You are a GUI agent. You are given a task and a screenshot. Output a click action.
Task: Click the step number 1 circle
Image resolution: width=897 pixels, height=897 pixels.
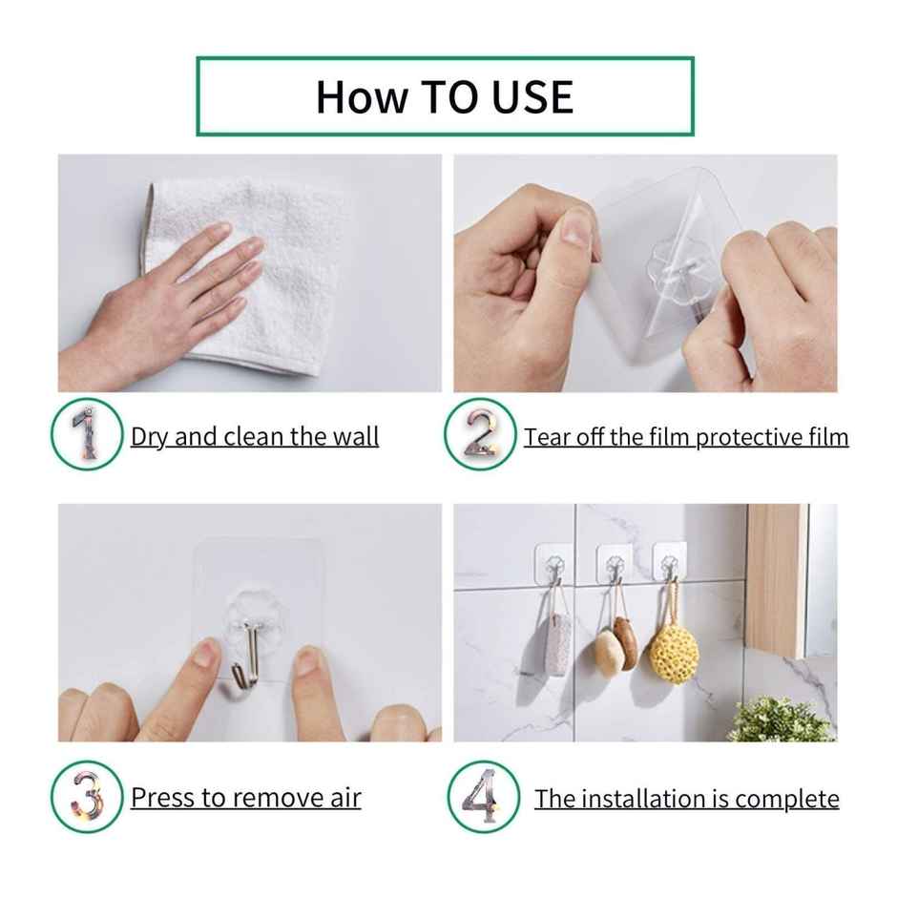click(x=87, y=434)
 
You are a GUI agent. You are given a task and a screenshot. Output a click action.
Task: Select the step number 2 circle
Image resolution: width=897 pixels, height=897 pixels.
click(x=480, y=434)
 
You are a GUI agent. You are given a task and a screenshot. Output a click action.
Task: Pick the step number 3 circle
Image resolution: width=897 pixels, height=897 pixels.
click(x=87, y=796)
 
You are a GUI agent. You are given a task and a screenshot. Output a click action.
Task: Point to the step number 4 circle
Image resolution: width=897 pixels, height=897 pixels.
click(x=483, y=796)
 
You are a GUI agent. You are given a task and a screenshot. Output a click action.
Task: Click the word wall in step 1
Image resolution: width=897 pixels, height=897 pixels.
click(x=355, y=437)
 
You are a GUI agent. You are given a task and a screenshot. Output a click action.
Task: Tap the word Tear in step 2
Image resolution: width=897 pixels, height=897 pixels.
click(x=546, y=437)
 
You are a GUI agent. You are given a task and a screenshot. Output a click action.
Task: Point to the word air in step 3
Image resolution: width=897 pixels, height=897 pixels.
click(x=344, y=797)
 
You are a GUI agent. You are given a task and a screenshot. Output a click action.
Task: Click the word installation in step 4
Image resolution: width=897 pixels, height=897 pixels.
click(x=635, y=799)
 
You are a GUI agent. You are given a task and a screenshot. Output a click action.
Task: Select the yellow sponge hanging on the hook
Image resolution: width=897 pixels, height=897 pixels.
click(x=674, y=651)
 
